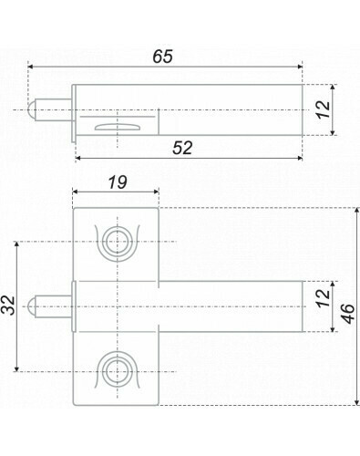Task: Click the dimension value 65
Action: [x=162, y=57]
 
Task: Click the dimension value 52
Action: [x=182, y=148]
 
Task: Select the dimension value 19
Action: [x=118, y=182]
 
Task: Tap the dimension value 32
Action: [x=9, y=305]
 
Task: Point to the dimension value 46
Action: [x=348, y=314]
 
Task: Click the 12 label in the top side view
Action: [x=323, y=109]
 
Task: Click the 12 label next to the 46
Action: [x=323, y=297]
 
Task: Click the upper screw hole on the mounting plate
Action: [x=117, y=242]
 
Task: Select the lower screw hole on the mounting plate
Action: [x=117, y=371]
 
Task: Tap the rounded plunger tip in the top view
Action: [x=31, y=109]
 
